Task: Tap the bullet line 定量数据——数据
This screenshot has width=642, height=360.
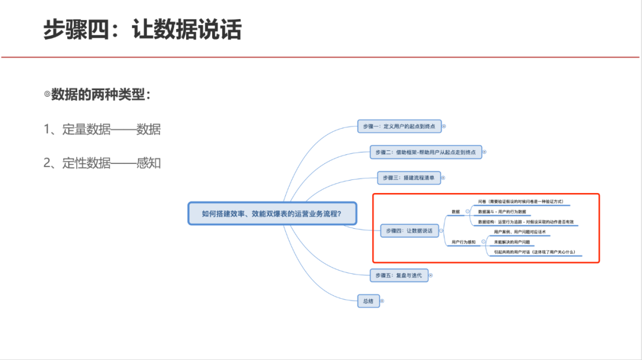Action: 102,129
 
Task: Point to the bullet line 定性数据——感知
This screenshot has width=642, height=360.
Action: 102,163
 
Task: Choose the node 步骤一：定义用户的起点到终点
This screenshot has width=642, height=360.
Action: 399,126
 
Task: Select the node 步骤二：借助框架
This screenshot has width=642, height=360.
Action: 426,152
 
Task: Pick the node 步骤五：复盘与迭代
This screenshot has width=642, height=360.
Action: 398,275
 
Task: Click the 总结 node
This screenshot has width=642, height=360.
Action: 368,301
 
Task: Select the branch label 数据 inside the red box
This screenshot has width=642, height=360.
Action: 456,211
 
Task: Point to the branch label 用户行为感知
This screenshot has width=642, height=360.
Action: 464,242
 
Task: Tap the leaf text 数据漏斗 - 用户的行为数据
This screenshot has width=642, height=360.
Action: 502,211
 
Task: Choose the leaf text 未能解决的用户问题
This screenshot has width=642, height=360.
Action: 512,242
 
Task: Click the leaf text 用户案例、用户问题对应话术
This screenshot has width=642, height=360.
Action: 520,232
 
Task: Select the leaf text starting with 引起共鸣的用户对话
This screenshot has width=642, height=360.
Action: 534,252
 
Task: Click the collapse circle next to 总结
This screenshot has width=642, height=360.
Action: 382,301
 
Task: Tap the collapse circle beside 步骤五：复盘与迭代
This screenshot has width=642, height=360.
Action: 431,275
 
